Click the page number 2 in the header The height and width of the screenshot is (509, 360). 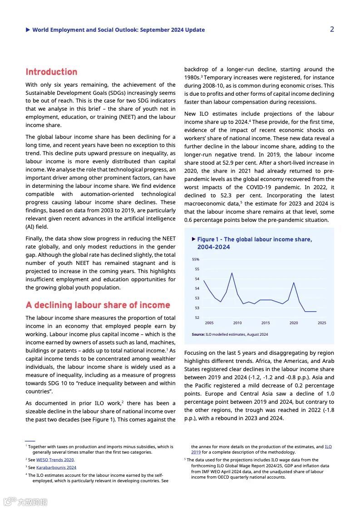[x=332, y=29]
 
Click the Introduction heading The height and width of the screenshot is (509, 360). [x=51, y=72]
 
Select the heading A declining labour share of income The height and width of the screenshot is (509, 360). [x=98, y=305]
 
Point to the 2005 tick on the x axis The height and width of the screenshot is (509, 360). [x=209, y=323]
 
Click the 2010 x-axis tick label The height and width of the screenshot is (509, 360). [x=237, y=323]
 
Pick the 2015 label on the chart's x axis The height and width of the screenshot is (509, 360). [x=266, y=323]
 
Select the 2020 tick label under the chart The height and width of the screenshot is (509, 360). [x=294, y=323]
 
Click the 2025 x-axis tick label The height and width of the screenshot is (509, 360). [x=322, y=323]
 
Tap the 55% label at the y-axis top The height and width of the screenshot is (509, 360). [x=196, y=259]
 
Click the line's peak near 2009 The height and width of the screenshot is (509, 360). [x=232, y=273]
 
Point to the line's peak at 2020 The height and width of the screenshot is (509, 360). [x=294, y=283]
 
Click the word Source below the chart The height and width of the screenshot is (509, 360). [x=198, y=334]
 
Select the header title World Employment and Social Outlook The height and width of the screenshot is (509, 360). [x=118, y=30]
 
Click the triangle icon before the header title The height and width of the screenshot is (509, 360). [x=28, y=30]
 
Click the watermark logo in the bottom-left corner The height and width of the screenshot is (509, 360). [x=10, y=502]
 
